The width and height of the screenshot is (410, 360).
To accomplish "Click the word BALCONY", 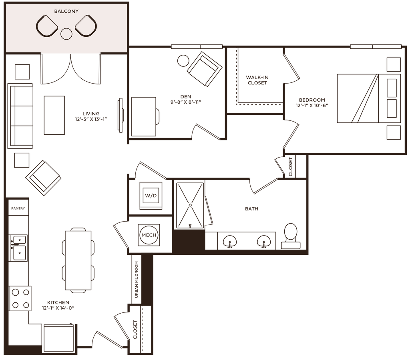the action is pos(66,11).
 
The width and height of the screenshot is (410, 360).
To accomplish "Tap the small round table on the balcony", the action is pos(66,34).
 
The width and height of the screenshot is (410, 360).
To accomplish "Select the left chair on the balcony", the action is pos(47,26).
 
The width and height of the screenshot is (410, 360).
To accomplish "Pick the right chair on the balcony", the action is pos(86,26).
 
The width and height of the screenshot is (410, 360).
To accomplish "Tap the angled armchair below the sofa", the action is pos(43,178).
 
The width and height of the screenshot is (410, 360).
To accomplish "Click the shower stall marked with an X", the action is pos(191,204).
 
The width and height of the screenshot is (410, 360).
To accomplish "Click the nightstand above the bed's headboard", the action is pos(394,64).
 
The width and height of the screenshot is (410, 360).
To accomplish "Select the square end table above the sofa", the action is pos(22,71).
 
